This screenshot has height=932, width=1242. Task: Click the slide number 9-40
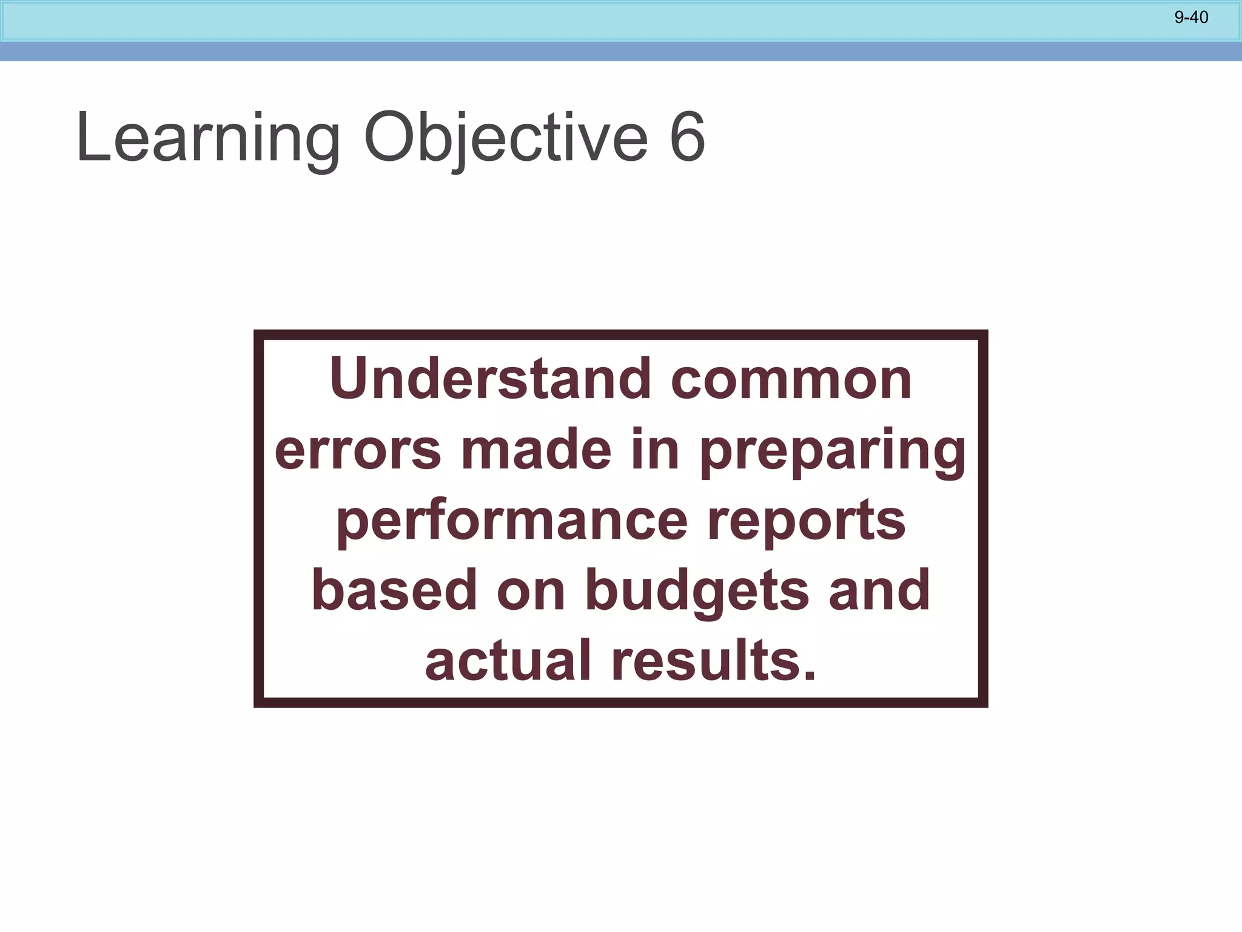click(x=1191, y=18)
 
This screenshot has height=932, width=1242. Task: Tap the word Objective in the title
click(x=506, y=138)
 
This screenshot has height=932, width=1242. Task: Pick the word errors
click(x=358, y=450)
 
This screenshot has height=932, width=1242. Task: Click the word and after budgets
click(x=879, y=590)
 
